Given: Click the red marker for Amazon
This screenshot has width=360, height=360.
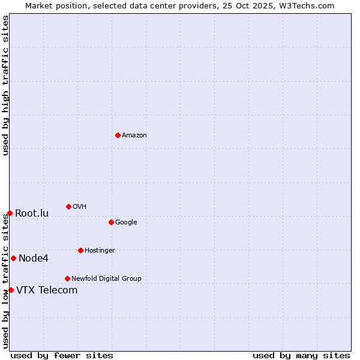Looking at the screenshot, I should click(118, 135).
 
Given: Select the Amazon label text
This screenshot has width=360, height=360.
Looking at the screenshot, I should click(134, 136).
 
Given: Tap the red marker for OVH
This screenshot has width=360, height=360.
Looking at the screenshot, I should click(68, 206).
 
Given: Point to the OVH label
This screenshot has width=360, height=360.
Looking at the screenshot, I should click(80, 207).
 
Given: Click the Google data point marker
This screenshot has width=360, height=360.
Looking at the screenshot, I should click(111, 222).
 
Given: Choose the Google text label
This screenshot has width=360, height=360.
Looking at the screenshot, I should click(126, 223).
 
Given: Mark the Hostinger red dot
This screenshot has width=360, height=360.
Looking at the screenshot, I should click(80, 250).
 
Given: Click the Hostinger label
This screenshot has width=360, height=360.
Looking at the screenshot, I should click(100, 251).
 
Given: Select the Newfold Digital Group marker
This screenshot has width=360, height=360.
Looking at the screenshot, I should click(67, 278).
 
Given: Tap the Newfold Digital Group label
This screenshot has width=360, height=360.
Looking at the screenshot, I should click(106, 279).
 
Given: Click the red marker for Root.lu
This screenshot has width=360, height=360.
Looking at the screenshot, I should click(10, 213).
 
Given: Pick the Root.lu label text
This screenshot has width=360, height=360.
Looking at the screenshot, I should click(32, 214).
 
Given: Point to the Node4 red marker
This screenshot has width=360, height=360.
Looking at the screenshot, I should click(13, 258).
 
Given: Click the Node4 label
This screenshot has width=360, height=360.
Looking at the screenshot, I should click(34, 259).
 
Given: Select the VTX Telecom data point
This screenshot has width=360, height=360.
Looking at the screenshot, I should click(11, 290).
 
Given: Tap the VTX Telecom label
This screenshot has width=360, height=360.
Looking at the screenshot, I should click(47, 290).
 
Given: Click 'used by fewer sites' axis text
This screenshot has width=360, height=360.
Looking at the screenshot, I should click(62, 356).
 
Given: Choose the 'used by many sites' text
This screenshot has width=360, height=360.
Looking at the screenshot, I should click(301, 356).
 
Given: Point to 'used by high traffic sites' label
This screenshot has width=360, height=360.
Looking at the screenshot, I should click(5, 86).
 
